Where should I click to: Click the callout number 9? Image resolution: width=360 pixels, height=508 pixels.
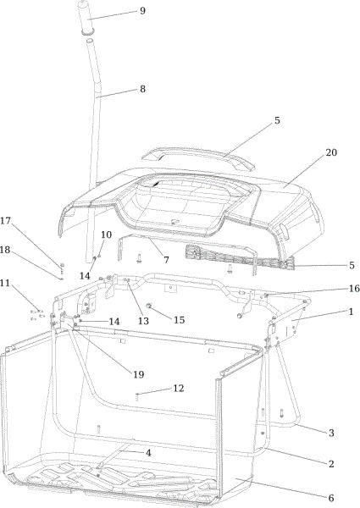click(142, 11)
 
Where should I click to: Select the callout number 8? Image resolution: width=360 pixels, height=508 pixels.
click(142, 89)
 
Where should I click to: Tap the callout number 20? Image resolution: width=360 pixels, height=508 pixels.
click(331, 152)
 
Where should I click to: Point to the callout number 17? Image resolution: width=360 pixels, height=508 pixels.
click(6, 221)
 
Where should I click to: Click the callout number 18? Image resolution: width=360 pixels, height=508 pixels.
click(5, 250)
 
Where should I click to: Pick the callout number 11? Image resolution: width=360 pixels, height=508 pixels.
click(5, 283)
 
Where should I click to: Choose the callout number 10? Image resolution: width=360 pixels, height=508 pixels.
click(106, 235)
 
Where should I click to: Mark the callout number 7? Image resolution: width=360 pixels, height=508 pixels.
click(166, 260)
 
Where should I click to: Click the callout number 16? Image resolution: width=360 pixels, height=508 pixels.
click(354, 288)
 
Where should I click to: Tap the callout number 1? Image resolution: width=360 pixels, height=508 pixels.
click(351, 312)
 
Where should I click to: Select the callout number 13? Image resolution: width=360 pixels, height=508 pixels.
click(143, 321)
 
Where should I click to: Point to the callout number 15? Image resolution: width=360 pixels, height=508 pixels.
click(180, 320)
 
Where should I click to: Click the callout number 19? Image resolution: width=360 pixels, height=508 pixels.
click(139, 374)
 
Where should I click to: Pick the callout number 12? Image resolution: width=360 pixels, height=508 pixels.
click(179, 388)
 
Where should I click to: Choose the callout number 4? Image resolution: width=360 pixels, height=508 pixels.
click(148, 453)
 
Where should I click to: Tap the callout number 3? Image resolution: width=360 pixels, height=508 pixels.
click(331, 433)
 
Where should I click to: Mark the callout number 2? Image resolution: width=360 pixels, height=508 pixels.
click(331, 464)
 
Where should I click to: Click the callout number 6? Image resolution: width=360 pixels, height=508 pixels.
click(331, 498)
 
